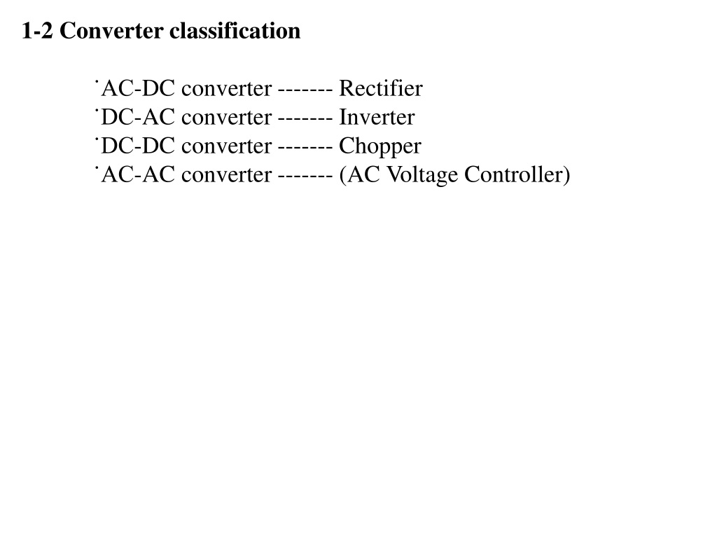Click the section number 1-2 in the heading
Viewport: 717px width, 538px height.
(38, 31)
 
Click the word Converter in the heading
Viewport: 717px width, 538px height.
(111, 31)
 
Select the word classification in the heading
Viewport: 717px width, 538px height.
(235, 31)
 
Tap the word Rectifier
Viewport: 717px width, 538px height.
(381, 88)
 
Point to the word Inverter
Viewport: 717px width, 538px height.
(377, 117)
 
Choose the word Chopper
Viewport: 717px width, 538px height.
(380, 147)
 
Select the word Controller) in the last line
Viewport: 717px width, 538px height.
(517, 174)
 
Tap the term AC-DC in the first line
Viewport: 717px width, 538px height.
(138, 88)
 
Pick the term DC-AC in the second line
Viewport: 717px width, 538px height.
(138, 117)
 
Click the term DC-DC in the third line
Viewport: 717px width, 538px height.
(138, 146)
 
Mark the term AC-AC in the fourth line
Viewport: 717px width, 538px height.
(138, 174)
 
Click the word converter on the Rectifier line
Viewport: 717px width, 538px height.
(227, 90)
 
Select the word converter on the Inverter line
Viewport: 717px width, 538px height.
(227, 118)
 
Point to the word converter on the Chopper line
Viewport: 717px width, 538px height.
(227, 147)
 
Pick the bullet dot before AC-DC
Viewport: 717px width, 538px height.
(97, 82)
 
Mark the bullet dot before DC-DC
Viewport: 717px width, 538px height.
(97, 139)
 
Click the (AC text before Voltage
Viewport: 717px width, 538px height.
(360, 175)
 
